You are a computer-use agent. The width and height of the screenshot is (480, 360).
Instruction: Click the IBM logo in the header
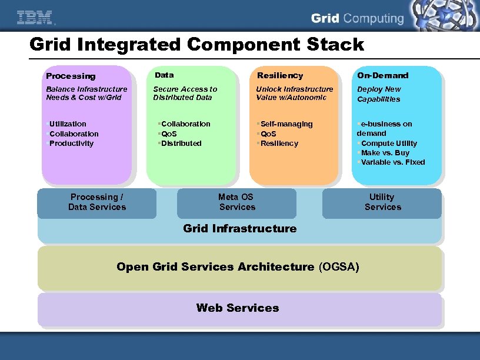(35, 18)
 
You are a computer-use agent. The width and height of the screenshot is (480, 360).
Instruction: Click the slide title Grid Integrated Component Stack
(196, 45)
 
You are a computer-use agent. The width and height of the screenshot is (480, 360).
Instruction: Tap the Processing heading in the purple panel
(71, 76)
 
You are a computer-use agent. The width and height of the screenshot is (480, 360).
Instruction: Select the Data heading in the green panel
(164, 75)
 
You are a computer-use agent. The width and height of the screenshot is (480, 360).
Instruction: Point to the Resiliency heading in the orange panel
(280, 75)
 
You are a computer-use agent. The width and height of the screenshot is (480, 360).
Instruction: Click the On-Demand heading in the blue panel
(382, 75)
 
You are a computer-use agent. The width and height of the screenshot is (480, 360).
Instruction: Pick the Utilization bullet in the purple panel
(68, 124)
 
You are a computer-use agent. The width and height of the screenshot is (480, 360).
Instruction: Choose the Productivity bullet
(71, 144)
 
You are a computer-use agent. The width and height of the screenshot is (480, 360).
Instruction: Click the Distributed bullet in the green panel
(181, 144)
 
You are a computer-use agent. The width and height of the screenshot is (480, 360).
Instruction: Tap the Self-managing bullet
(286, 124)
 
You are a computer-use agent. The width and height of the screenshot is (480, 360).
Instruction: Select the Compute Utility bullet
(389, 144)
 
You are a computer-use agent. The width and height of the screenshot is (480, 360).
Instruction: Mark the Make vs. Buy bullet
(385, 153)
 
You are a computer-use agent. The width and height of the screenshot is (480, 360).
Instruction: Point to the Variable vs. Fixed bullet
(393, 162)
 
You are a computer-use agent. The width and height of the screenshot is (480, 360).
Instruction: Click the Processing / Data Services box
(97, 202)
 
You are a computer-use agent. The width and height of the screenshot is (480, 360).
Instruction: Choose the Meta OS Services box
(236, 202)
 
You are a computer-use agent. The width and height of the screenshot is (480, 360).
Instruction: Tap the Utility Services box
(382, 202)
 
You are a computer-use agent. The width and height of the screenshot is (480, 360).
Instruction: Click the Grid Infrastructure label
(240, 229)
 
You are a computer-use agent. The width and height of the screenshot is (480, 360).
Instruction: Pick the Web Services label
(238, 308)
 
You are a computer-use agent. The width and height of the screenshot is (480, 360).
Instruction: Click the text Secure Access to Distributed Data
(185, 94)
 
